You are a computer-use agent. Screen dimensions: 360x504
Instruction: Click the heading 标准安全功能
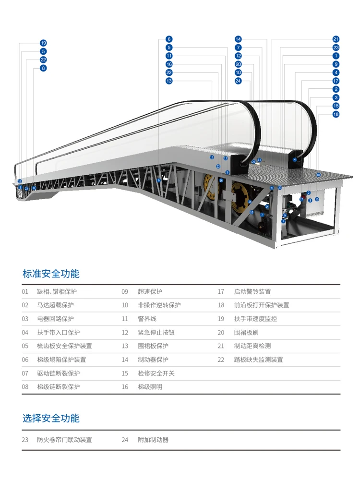click(51, 274)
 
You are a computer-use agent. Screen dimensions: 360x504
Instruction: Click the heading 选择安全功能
click(51, 418)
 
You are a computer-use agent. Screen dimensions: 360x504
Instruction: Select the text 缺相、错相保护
click(57, 291)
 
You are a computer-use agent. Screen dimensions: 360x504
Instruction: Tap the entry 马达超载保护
click(55, 305)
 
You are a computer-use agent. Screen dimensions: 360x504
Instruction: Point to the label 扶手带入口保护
click(58, 332)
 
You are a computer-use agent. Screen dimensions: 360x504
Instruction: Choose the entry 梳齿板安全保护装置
click(64, 346)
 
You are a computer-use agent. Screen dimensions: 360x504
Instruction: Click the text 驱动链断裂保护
click(58, 373)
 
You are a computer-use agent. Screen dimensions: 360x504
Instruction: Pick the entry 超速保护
click(150, 291)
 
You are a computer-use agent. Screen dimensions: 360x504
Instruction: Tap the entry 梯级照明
click(150, 386)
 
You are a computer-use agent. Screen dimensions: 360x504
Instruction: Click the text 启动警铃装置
click(252, 291)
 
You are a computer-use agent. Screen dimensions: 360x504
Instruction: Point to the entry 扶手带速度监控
click(255, 319)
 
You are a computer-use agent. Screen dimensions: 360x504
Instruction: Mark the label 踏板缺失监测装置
click(258, 360)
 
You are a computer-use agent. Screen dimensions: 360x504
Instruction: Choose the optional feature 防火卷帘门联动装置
click(64, 440)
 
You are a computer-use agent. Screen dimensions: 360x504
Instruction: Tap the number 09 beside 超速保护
click(125, 291)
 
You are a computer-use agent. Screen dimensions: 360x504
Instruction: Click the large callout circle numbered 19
click(43, 43)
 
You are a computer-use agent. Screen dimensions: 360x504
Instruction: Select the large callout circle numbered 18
click(336, 114)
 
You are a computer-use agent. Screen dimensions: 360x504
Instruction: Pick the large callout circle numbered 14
click(238, 39)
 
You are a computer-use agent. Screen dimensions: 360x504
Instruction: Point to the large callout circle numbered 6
click(169, 39)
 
